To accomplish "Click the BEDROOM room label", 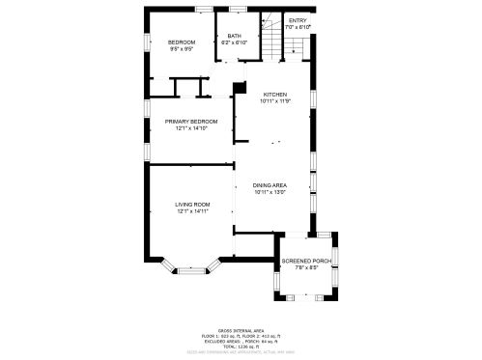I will pos(182,42).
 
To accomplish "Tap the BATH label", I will pos(234,37).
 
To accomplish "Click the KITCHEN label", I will pos(275,94).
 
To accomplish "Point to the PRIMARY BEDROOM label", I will pos(191,121).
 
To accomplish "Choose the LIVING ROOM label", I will pos(192,205).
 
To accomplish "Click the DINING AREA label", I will pos(270,185).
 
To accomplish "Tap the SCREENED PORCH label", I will pos(305,263).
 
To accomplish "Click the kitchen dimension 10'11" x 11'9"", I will pos(275,100).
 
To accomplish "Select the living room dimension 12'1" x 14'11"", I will pos(192,211).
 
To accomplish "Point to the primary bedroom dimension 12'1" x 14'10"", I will pos(191,127).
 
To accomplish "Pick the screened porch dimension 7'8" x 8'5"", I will pos(305,269).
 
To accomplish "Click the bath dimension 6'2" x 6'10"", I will pos(234,43).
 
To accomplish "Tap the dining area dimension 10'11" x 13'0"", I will pos(270,192).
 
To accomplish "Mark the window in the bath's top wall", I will pos(238,11).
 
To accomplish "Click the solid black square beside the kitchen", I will pos(238,90).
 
